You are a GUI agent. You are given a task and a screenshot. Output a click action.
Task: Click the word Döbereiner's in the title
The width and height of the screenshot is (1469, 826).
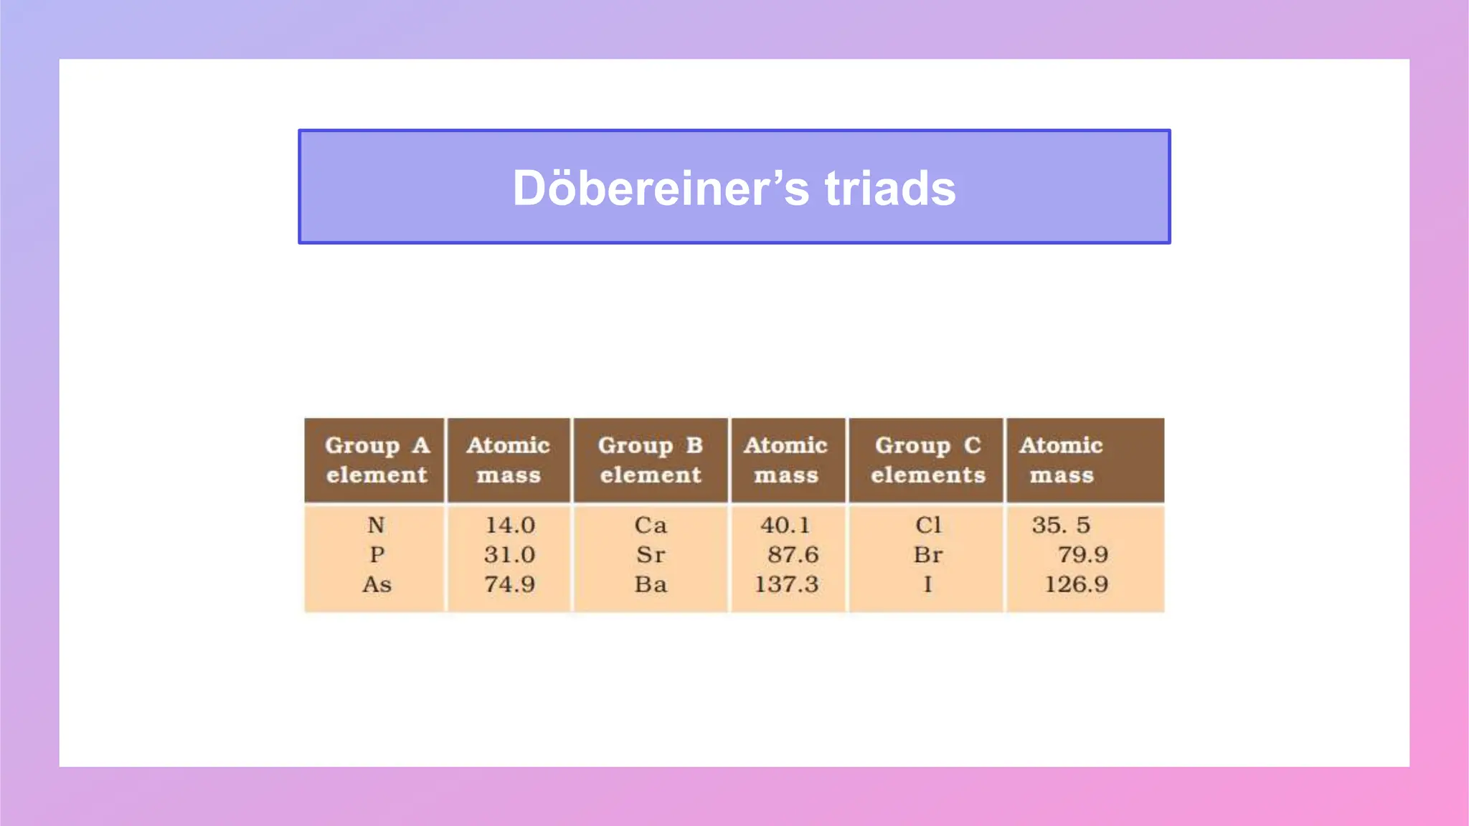[x=661, y=188]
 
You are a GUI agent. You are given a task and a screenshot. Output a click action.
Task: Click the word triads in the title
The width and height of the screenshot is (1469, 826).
[x=890, y=188]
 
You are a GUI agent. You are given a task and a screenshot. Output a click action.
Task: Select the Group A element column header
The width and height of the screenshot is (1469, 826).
[x=377, y=460]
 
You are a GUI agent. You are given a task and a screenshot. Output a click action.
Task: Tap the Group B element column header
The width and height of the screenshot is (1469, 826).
[x=651, y=460]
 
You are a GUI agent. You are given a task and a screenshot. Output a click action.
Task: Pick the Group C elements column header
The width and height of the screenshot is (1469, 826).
[x=928, y=460]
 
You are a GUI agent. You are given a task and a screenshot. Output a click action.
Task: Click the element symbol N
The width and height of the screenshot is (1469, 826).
[x=377, y=526]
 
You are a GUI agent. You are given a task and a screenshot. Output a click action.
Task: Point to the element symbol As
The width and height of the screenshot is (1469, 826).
[x=377, y=584]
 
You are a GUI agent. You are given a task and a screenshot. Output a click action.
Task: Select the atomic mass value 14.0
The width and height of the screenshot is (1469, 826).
[x=510, y=526]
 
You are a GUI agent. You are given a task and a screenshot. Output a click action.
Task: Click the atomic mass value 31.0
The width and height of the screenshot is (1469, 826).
[x=509, y=555]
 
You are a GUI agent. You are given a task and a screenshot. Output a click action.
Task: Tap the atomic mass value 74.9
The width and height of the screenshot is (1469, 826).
[x=509, y=584]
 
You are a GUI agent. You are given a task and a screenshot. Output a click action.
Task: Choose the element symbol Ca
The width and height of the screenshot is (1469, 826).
[x=651, y=526]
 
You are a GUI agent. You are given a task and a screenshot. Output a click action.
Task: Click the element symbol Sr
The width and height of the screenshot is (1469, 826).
[x=651, y=555]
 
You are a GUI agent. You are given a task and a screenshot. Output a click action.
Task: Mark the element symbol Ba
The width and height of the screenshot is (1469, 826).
[x=651, y=584]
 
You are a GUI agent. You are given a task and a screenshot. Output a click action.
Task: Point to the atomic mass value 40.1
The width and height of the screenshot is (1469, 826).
[x=785, y=526]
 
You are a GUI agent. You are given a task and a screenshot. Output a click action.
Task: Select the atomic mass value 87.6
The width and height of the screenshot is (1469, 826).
[x=793, y=555]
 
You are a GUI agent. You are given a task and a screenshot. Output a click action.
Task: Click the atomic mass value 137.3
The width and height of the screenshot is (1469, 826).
[x=786, y=584]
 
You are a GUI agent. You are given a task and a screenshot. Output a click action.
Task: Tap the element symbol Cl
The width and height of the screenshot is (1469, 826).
[x=928, y=526]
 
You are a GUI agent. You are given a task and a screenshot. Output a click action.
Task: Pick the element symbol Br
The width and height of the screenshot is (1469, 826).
[x=928, y=555]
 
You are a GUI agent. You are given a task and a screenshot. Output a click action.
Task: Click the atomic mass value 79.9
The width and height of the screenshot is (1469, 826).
[x=1082, y=555]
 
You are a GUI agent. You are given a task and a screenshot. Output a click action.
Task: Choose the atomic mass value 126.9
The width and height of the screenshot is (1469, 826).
[x=1076, y=584]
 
